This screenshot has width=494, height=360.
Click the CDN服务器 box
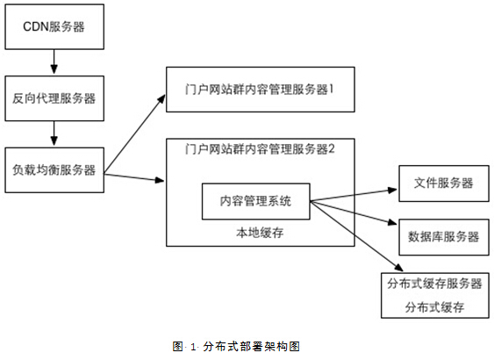tap(54, 27)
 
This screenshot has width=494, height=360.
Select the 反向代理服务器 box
tap(54, 98)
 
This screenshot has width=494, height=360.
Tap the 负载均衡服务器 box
tap(54, 170)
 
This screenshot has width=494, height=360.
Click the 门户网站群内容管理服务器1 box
tap(261, 90)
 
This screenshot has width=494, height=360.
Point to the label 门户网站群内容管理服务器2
tap(260, 148)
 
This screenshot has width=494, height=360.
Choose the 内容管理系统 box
tap(256, 201)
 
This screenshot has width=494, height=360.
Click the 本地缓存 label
tap(260, 233)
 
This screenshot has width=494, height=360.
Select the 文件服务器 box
tap(444, 184)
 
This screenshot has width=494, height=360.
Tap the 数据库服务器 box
tap(444, 237)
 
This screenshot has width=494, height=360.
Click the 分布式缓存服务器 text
tap(434, 284)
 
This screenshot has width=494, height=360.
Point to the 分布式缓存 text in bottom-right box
tap(434, 307)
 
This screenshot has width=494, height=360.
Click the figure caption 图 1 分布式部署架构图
tap(236, 347)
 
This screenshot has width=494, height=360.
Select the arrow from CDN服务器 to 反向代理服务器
tap(54, 61)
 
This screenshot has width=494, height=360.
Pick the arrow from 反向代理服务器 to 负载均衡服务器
tap(54, 133)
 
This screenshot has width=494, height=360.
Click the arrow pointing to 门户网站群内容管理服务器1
tap(135, 133)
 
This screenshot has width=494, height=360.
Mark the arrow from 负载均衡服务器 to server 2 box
tap(134, 177)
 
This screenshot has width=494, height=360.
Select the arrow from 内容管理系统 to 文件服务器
tap(354, 195)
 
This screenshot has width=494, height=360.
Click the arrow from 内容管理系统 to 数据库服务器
tap(354, 212)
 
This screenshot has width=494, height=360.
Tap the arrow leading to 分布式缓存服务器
tap(357, 236)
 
